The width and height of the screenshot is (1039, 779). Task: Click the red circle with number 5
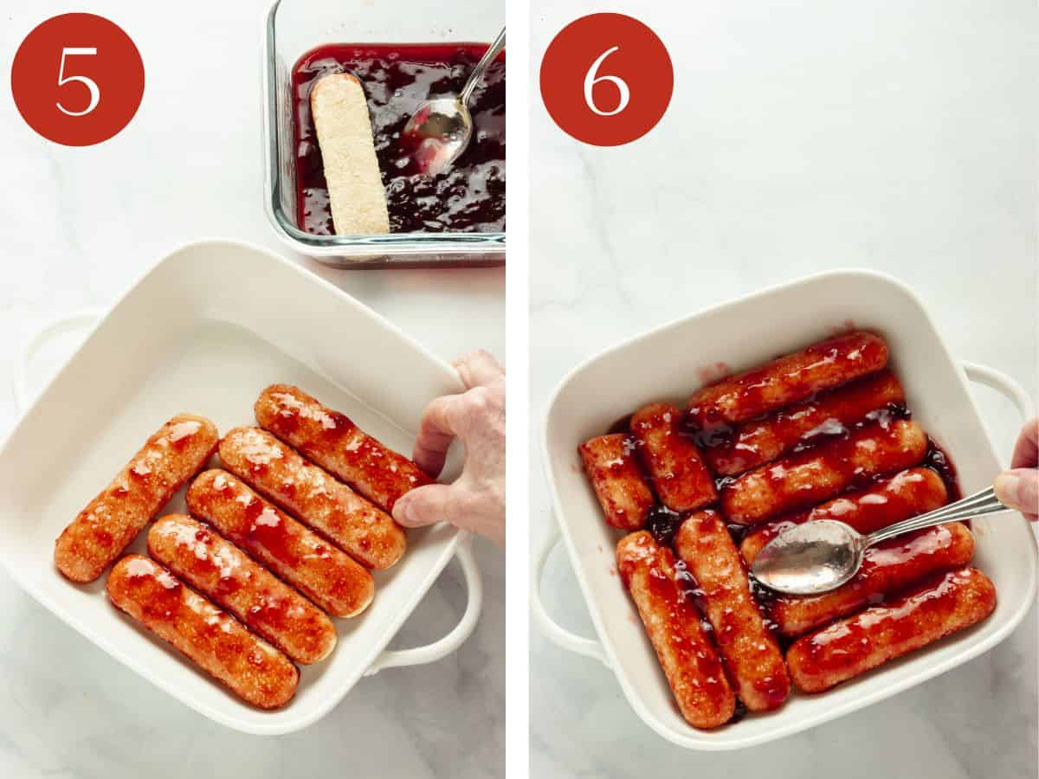click(78, 80)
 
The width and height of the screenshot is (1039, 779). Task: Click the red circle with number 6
click(606, 80)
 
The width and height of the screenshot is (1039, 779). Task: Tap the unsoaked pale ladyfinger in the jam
click(349, 154)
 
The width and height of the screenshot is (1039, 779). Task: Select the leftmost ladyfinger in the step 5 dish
click(136, 497)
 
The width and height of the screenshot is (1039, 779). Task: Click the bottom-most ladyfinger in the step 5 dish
click(202, 630)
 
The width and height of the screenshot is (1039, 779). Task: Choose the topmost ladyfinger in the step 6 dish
click(787, 377)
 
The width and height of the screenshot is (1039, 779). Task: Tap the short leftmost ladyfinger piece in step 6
click(616, 480)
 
